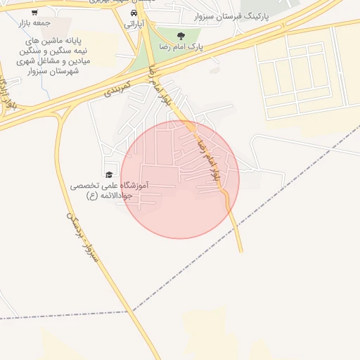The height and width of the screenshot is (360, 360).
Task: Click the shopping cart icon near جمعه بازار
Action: point(34,12)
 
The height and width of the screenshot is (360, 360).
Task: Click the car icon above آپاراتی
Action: point(134,12)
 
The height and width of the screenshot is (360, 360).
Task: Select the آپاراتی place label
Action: point(134,23)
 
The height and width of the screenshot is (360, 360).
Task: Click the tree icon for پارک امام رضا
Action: point(181,35)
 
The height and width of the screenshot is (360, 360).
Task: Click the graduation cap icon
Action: point(109,174)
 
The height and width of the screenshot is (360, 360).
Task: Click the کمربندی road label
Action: point(119,86)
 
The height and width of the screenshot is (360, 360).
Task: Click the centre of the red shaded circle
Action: point(180,179)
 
